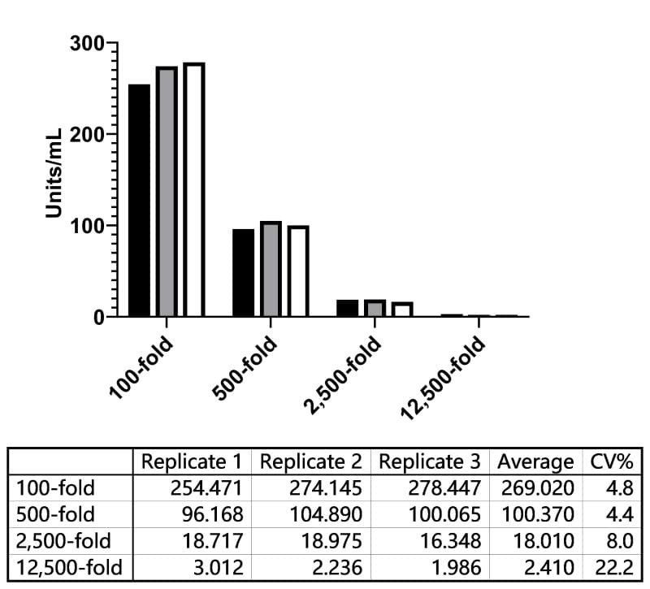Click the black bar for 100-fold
coord(139,201)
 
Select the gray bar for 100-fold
coord(167,192)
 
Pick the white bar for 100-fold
coord(194,190)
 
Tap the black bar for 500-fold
coord(243,273)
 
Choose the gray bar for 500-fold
coord(271,269)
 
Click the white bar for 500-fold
coord(298,271)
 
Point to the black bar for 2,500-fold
coord(348,309)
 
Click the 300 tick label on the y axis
coord(87,43)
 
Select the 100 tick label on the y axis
coord(87,226)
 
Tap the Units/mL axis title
coord(54,173)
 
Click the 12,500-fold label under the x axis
coord(443,378)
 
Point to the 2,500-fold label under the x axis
coord(342,375)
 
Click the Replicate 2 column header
coord(311,461)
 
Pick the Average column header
coord(535,461)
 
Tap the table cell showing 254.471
coord(206,488)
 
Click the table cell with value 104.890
coord(326,514)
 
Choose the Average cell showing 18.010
coord(544,541)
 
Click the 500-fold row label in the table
coord(55,514)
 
